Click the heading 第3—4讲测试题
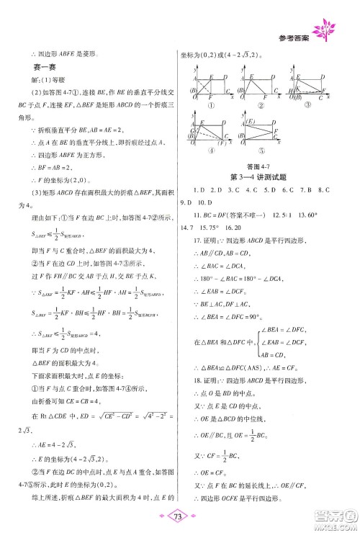(261, 177)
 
